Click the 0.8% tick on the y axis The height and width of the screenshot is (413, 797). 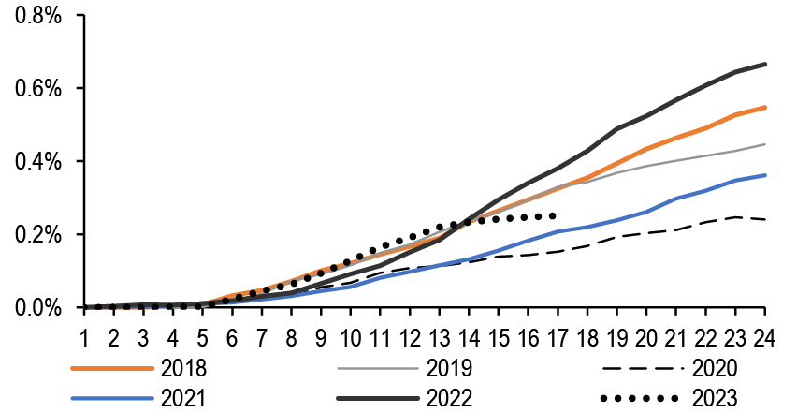coord(38,16)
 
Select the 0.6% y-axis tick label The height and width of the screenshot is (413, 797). coord(38,89)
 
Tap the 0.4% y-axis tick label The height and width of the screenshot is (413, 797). coord(38,162)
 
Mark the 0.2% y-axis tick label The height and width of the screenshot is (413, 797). coord(38,235)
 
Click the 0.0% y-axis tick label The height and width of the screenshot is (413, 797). coord(38,308)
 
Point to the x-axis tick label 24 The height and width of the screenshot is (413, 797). coord(765,336)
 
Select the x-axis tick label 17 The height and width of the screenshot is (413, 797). coord(558,336)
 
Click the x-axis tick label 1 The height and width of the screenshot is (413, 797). coord(84,336)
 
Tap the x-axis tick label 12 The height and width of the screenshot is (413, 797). coord(410,336)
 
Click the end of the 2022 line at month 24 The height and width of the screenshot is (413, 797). coord(766,64)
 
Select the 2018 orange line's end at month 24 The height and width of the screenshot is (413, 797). coord(766,108)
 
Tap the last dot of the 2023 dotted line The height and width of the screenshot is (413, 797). coord(555,215)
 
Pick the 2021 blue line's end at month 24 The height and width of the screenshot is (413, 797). coord(766,175)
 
